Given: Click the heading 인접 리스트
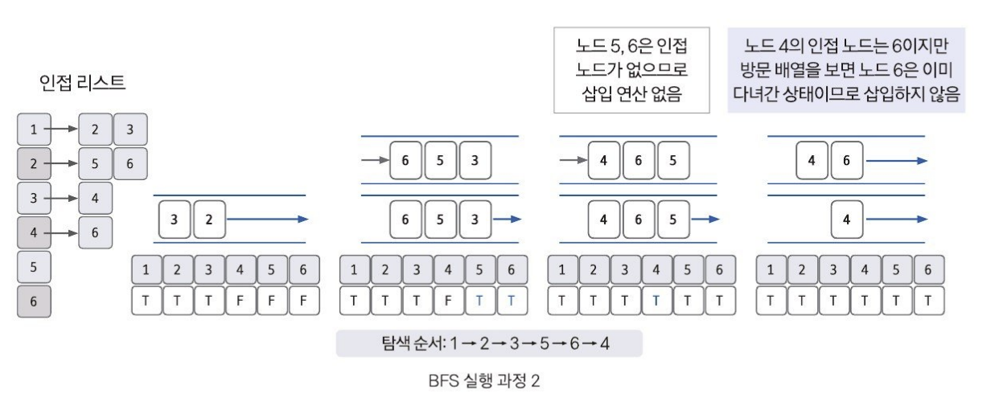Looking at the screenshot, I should click(83, 82).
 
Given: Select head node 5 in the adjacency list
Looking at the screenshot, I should click(34, 266).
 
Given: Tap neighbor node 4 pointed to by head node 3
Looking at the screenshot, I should click(96, 197).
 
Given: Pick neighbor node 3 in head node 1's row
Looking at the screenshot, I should click(130, 128).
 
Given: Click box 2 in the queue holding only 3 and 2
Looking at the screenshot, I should click(210, 218).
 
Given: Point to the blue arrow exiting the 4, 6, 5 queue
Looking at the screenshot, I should click(706, 218).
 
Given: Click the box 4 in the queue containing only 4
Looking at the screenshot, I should click(847, 218).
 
